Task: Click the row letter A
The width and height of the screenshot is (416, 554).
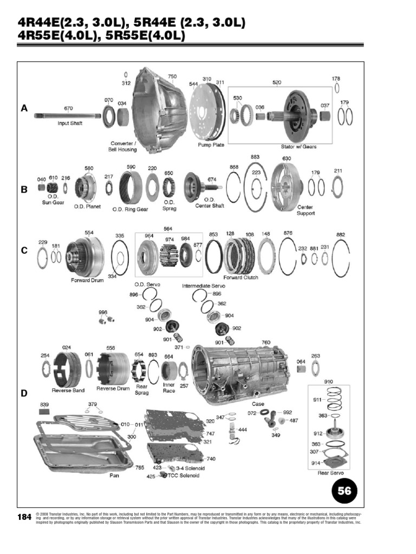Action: click(24, 108)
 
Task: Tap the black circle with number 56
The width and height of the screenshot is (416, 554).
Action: click(344, 491)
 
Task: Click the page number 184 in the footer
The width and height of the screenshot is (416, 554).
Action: click(24, 518)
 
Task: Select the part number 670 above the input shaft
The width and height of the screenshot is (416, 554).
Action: click(68, 108)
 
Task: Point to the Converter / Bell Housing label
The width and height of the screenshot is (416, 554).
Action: click(123, 146)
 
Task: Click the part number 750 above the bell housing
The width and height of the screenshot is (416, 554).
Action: click(172, 77)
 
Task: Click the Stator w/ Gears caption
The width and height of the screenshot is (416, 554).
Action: click(300, 147)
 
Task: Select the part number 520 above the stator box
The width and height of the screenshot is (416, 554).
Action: click(277, 82)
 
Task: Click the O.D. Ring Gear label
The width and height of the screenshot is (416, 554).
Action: click(131, 208)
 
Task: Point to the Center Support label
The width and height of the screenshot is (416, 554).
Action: click(305, 210)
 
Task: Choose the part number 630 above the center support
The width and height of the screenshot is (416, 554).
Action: click(287, 159)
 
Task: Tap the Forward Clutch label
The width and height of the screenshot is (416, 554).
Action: click(242, 278)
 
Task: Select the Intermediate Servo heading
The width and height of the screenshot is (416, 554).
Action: click(203, 285)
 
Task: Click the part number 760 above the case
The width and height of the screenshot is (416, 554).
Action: click(266, 342)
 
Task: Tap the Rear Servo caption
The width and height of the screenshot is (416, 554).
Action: click(329, 472)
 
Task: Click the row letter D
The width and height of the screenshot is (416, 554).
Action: click(24, 393)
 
